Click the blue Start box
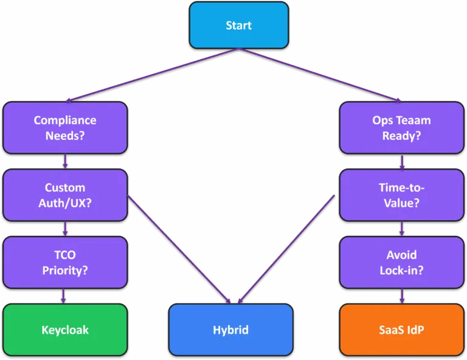click(238, 25)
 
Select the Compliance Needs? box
click(65, 128)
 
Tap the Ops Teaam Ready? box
click(401, 128)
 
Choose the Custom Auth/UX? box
click(65, 195)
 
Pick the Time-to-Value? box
click(401, 195)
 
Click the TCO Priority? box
click(65, 262)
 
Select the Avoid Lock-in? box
click(401, 262)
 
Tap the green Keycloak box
click(65, 330)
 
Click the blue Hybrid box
click(231, 330)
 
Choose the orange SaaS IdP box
click(401, 330)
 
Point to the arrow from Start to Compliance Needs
click(152, 75)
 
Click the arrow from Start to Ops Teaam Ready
click(320, 75)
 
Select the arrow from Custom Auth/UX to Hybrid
click(179, 249)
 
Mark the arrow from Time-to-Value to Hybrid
click(286, 249)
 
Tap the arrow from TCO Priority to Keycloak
click(63, 296)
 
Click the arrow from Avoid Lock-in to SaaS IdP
click(402, 296)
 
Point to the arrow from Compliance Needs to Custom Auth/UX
click(65, 161)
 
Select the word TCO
click(65, 255)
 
